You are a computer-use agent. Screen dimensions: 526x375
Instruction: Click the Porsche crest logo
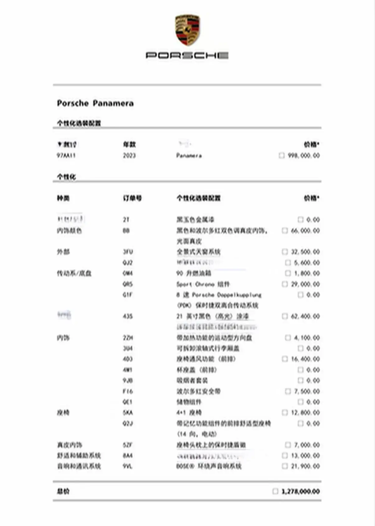[x=187, y=30]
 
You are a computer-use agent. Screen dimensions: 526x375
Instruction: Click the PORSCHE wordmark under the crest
[x=187, y=55]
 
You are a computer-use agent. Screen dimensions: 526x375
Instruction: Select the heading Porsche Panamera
[x=95, y=103]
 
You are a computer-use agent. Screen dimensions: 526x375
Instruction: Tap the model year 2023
[x=129, y=155]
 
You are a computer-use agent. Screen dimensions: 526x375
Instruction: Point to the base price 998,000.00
[x=304, y=155]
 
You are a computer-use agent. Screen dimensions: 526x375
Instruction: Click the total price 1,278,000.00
[x=301, y=491]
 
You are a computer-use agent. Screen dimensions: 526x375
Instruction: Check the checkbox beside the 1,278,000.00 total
[x=275, y=491]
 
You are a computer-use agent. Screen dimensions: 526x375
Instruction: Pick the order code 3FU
[x=128, y=252]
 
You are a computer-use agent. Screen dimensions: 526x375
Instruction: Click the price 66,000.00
[x=305, y=231]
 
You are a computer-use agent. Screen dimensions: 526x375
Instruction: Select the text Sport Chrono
[x=195, y=284]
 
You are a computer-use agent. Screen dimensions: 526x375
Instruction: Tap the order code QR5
[x=128, y=284]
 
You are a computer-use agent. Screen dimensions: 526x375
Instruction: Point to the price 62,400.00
[x=305, y=316]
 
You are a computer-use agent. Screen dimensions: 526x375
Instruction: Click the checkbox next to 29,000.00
[x=284, y=284]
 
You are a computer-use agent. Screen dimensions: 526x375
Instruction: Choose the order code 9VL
[x=127, y=466]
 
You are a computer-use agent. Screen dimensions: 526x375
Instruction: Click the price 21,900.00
[x=305, y=466]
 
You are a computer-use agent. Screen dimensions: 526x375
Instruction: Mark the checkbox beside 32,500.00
[x=284, y=251]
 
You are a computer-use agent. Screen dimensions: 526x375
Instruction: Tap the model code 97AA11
[x=66, y=155]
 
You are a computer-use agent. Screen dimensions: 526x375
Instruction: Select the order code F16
[x=128, y=391]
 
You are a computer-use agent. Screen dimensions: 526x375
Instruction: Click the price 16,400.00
[x=305, y=359]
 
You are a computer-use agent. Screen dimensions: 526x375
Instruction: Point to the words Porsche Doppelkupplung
[x=227, y=295]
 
